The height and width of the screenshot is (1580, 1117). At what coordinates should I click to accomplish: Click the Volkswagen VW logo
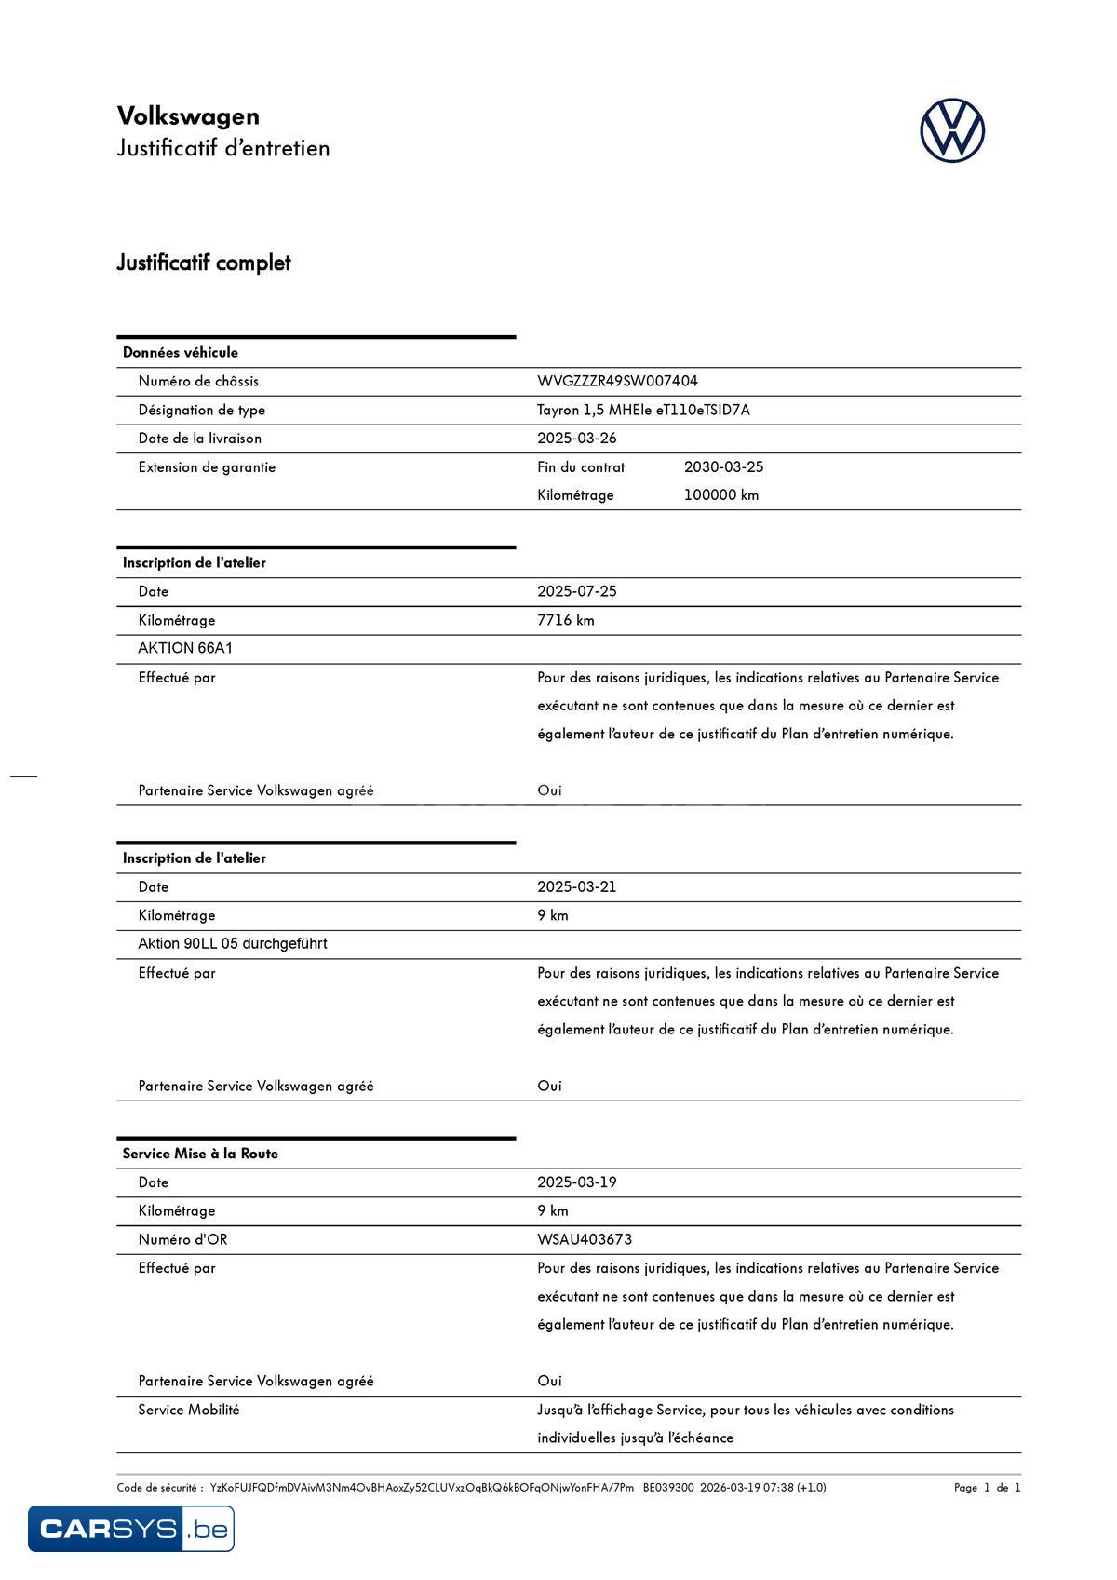[951, 131]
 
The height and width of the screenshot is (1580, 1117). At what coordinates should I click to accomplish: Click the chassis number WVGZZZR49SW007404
[617, 381]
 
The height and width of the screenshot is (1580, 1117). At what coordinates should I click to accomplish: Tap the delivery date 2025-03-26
[576, 439]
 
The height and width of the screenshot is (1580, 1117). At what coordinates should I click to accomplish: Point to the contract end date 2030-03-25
[723, 466]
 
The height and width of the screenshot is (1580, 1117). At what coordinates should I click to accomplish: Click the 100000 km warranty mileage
[720, 495]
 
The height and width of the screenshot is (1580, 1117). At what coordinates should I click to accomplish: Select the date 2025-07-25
[576, 591]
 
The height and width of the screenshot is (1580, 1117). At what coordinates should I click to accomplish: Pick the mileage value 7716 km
[565, 620]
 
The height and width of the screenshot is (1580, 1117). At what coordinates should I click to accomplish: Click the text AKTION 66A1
[185, 648]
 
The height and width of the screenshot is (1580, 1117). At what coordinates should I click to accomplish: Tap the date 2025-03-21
[576, 886]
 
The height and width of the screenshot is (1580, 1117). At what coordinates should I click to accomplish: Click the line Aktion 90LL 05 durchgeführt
[233, 943]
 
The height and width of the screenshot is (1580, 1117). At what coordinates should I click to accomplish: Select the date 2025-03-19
[576, 1182]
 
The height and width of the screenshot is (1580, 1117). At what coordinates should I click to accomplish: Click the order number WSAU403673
[585, 1239]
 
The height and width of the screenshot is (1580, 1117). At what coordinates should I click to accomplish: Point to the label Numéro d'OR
[182, 1239]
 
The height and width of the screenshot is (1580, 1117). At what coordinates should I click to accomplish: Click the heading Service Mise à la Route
[200, 1154]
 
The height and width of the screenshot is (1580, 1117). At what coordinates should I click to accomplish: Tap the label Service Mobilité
[189, 1410]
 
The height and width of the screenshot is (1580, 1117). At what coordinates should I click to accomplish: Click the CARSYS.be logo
[131, 1529]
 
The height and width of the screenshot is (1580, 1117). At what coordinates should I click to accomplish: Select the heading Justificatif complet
[204, 263]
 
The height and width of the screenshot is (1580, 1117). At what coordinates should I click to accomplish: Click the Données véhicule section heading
[181, 352]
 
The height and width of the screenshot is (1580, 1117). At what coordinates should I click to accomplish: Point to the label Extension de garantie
[207, 466]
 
